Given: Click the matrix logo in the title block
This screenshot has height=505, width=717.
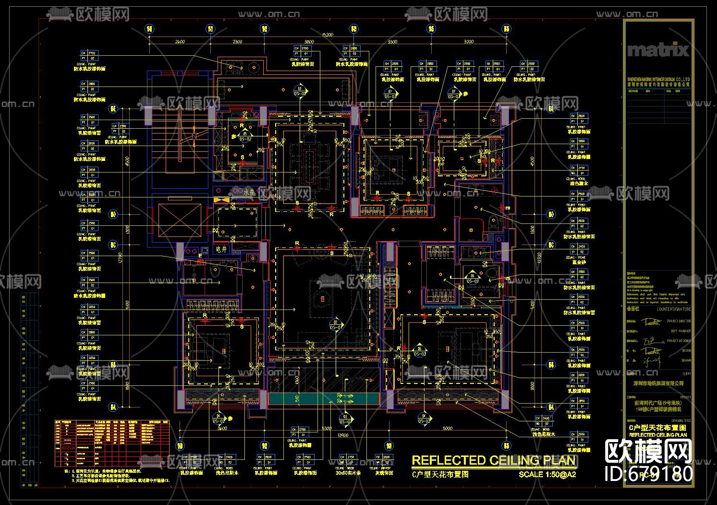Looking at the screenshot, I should tap(658, 50).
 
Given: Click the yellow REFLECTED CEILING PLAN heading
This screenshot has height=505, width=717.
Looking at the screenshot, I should tap(493, 460).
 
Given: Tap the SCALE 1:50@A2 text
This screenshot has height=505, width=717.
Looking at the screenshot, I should tap(547, 474).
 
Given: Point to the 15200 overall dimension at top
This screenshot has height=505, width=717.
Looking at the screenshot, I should tap(328, 35).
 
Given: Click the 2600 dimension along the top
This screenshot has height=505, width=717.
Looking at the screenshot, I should tap(180, 42).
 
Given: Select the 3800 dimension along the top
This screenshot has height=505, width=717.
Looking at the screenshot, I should tap(309, 42).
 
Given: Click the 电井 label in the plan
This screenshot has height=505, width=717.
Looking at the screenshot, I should tap(221, 249).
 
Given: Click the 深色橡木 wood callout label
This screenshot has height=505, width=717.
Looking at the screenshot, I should tap(578, 183).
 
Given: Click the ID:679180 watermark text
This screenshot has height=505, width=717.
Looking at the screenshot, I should tap(649, 473).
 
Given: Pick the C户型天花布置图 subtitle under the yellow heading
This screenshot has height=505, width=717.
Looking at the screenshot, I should tap(440, 474).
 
